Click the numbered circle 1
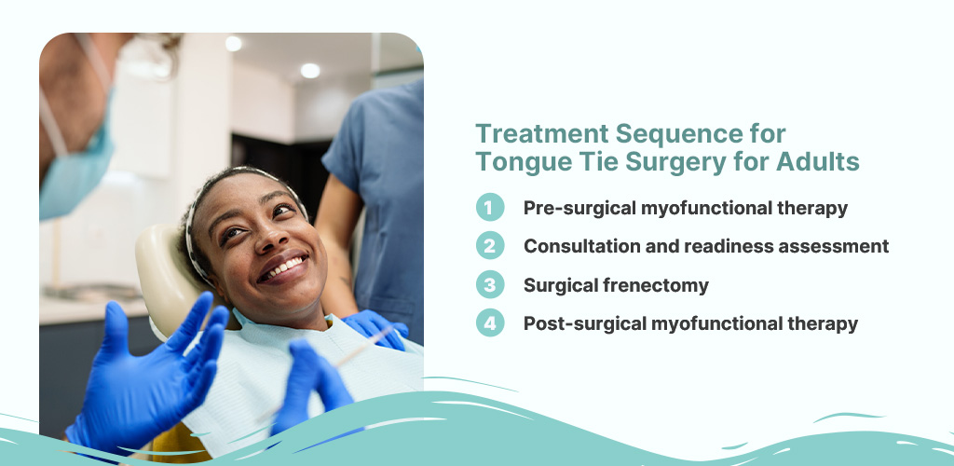[489, 208]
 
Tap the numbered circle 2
[489, 246]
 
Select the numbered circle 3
[489, 285]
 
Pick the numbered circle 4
[489, 323]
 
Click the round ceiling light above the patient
[310, 71]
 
